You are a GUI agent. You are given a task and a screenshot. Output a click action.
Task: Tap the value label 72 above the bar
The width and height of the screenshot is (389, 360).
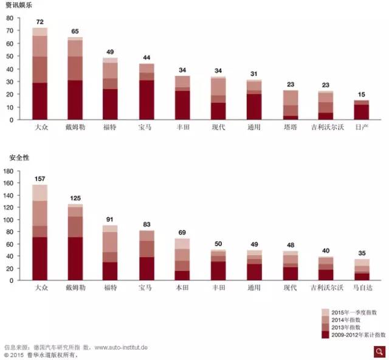coord(40,22)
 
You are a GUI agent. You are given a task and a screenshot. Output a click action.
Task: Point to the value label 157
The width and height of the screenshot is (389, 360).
coord(40,179)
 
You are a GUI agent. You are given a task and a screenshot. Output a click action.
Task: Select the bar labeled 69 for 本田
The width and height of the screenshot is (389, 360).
coord(182,259)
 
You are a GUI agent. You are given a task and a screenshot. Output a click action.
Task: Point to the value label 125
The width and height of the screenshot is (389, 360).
coord(75,198)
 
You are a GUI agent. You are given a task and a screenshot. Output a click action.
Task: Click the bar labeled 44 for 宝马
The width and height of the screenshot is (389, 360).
coord(147,91)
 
